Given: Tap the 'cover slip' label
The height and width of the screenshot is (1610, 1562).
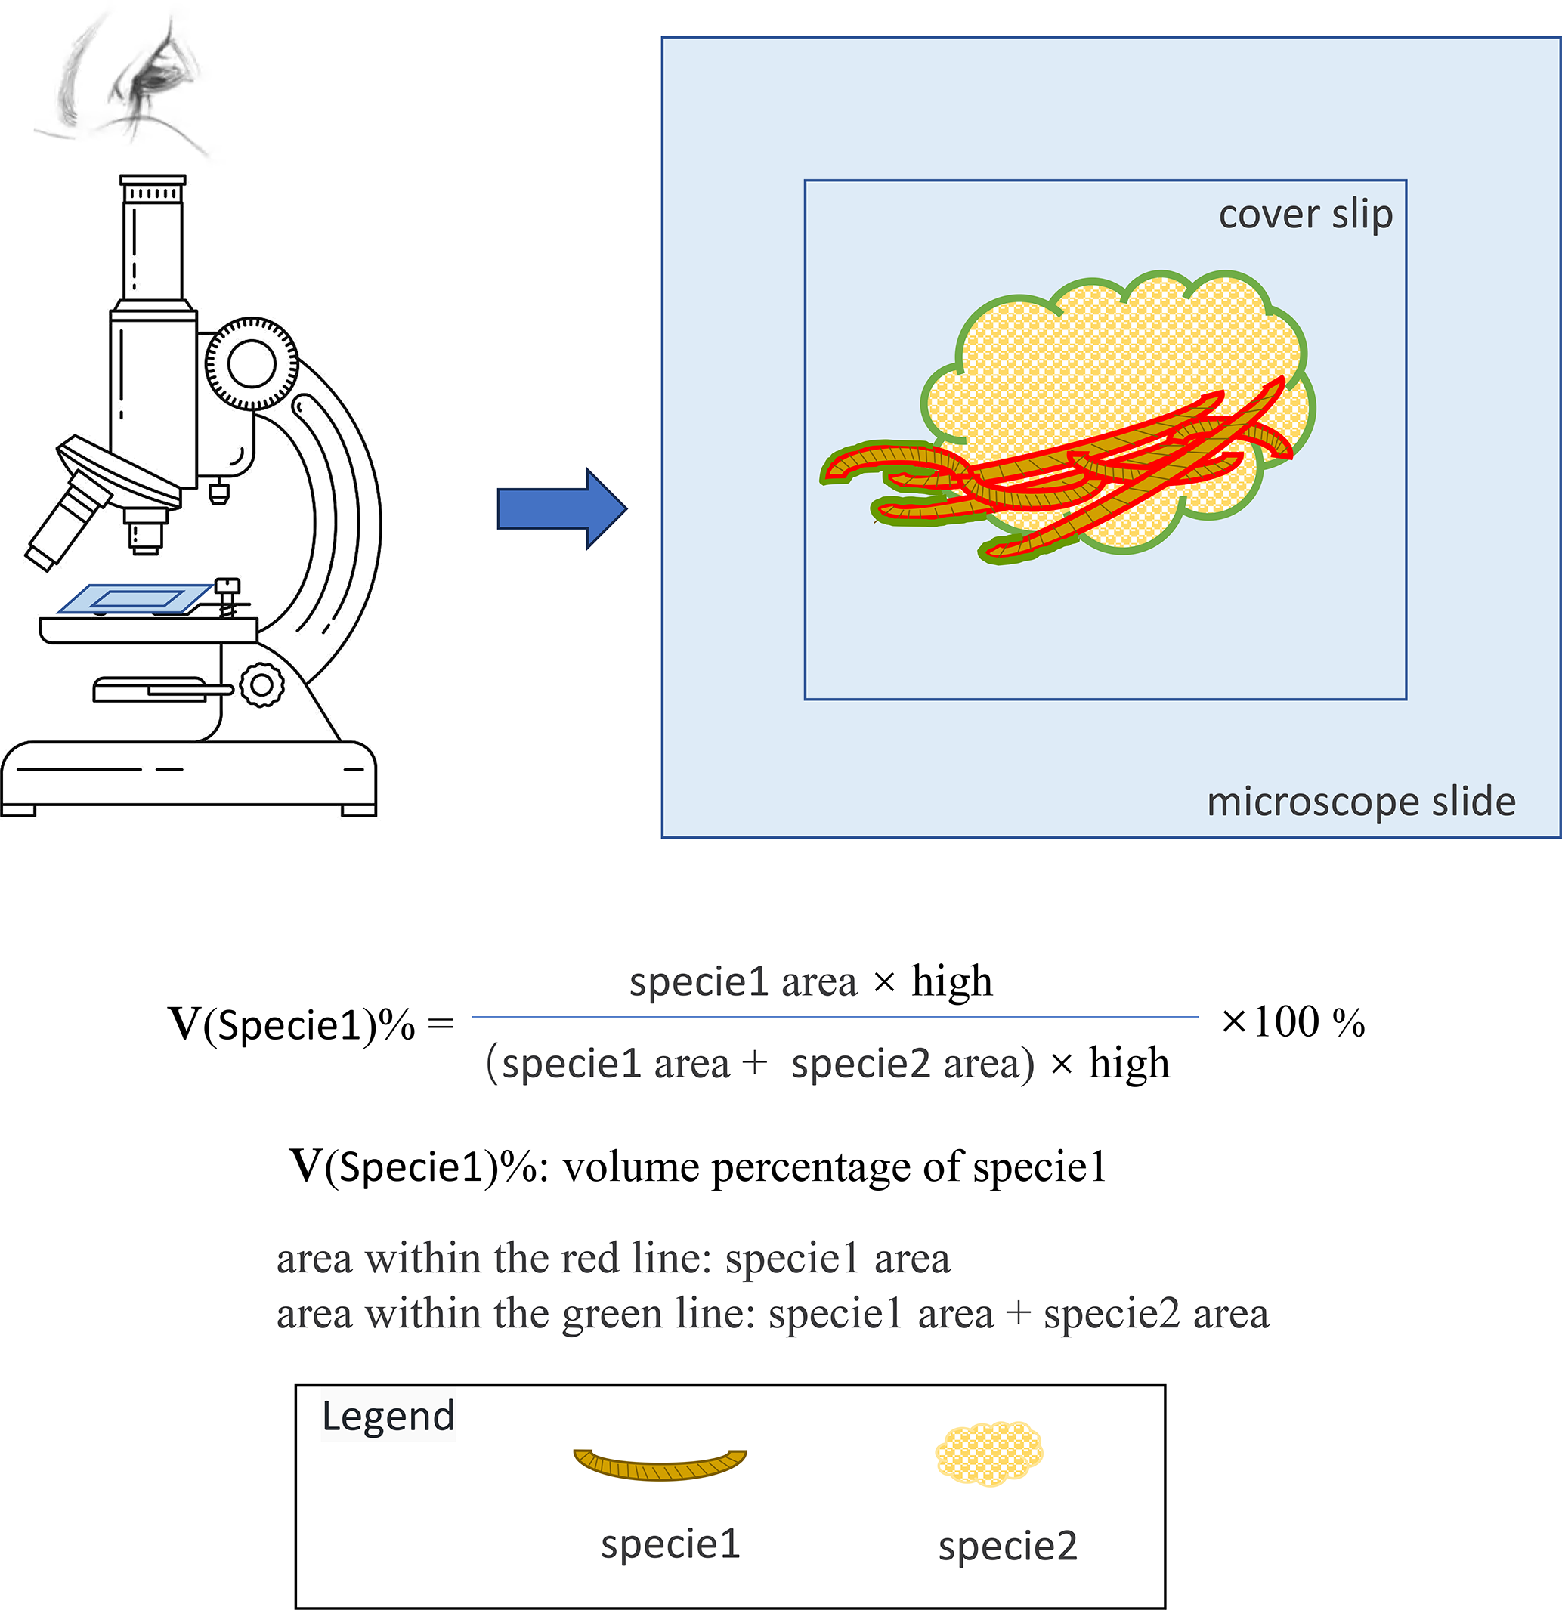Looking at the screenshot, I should [x=1305, y=215].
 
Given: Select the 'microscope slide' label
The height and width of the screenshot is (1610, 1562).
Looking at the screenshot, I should [x=1361, y=802].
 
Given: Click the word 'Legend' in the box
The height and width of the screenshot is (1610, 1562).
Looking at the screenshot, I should [x=388, y=1416].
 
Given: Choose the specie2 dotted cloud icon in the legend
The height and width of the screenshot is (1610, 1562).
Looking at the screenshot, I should [x=988, y=1454].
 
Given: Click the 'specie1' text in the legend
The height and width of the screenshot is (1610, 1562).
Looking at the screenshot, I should [x=670, y=1544].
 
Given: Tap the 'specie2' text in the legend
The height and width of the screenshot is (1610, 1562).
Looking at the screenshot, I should [x=1007, y=1546].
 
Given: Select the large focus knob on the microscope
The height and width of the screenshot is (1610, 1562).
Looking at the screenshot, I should [x=252, y=364].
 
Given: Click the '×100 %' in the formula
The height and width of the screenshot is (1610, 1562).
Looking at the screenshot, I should [x=1292, y=1023].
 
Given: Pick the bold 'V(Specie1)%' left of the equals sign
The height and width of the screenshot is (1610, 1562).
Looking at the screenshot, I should [x=292, y=1024].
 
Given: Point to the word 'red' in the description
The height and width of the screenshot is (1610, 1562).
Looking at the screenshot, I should [x=592, y=1259].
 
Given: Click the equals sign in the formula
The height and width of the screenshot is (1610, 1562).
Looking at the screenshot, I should [x=441, y=1024].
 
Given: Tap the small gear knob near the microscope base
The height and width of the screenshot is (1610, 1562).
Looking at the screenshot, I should [x=261, y=684].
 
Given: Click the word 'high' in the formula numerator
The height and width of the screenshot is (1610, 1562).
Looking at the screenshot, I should [x=951, y=981].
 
